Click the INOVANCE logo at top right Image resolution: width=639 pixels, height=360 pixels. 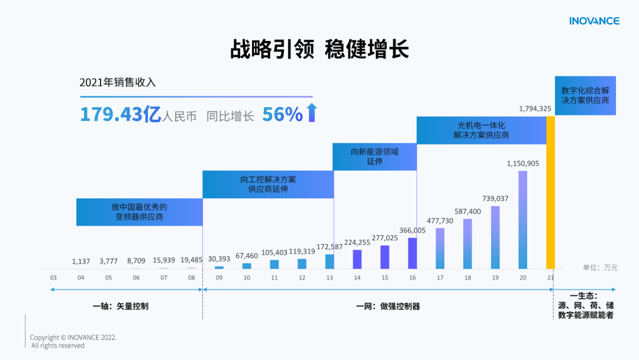[594, 21]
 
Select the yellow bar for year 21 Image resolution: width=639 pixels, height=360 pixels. [550, 192]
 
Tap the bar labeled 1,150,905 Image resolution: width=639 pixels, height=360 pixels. [522, 219]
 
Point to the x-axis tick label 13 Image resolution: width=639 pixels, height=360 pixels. [330, 277]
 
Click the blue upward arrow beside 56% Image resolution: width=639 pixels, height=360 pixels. [312, 113]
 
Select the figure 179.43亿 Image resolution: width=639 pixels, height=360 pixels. [120, 114]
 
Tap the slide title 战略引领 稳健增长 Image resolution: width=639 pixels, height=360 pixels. [319, 50]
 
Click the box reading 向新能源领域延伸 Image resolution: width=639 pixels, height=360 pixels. [375, 156]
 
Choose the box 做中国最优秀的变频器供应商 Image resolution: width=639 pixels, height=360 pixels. [140, 212]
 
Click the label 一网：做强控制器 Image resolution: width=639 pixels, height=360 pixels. [388, 306]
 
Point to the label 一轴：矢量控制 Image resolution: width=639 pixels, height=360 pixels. [121, 306]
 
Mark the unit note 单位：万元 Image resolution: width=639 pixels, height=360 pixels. [600, 268]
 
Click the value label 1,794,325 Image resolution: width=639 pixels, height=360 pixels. [535, 108]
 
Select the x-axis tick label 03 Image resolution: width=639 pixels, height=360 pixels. [53, 277]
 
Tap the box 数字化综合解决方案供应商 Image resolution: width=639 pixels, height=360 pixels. [585, 96]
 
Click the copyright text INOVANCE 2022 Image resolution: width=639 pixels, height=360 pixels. [73, 337]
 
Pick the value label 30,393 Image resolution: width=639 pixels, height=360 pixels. [219, 259]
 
